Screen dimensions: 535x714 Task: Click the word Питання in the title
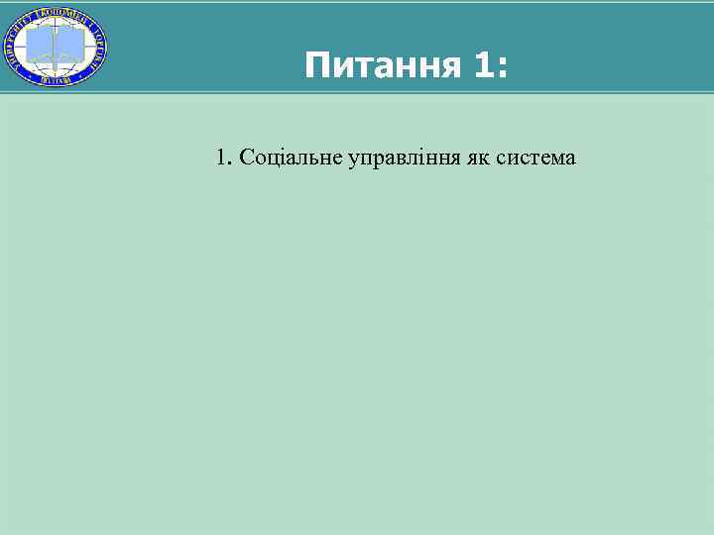tap(383, 66)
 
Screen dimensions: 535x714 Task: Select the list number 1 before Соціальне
tap(220, 157)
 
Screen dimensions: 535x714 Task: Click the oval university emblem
tap(56, 46)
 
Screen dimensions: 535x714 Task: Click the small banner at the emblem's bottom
tap(56, 79)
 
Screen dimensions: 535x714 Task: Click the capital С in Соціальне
tap(247, 157)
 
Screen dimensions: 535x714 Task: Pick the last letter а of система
tap(569, 159)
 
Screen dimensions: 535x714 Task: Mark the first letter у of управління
tap(352, 160)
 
